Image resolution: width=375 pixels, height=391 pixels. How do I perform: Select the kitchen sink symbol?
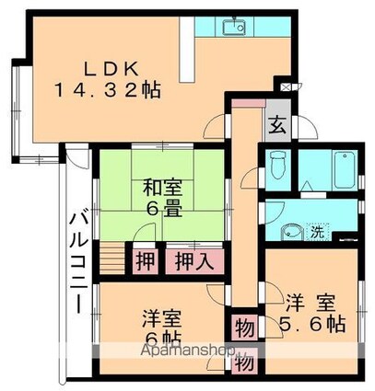tap(233, 29)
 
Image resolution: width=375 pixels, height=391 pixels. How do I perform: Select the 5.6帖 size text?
tap(314, 326)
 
